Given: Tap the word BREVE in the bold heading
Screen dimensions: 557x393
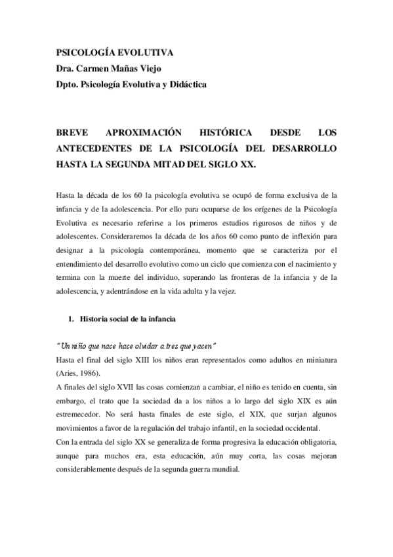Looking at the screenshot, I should [x=70, y=131].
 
